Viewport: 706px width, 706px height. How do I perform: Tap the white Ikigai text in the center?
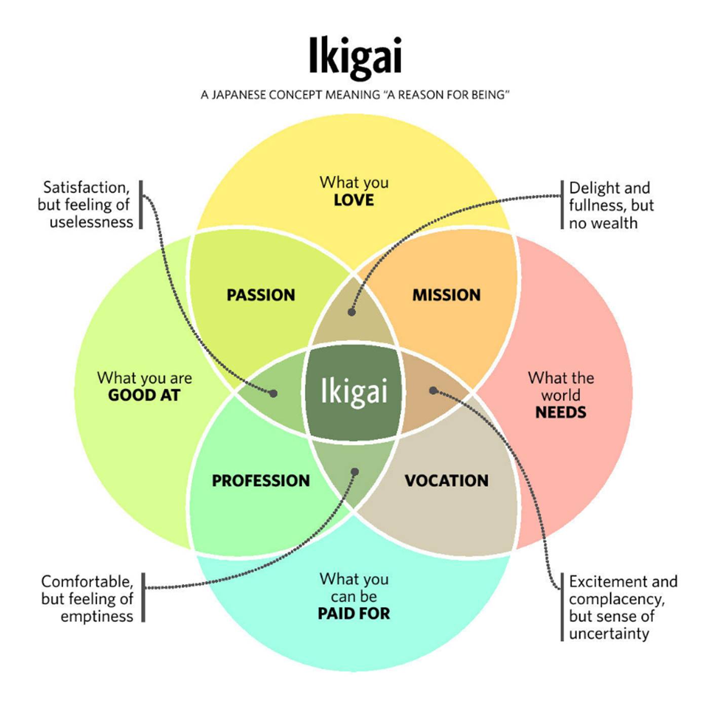[x=354, y=391]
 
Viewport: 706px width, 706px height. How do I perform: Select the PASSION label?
[x=261, y=295]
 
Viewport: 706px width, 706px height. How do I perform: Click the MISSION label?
[x=447, y=295]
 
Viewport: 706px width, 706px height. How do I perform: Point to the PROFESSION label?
[x=261, y=481]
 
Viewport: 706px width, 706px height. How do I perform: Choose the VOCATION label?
[x=447, y=481]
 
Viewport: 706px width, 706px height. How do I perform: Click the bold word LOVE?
[x=354, y=200]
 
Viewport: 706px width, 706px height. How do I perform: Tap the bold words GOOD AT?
[x=144, y=396]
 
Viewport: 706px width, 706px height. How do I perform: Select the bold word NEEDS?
[x=561, y=413]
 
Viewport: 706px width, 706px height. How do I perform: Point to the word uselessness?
[x=91, y=222]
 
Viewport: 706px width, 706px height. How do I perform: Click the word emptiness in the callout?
[x=97, y=616]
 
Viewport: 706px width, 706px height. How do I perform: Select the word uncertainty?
[x=609, y=634]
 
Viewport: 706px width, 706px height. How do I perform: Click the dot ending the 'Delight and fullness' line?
[x=351, y=312]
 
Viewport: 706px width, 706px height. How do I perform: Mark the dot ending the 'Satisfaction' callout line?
[x=273, y=394]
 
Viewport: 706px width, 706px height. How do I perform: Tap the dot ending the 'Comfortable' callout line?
[x=355, y=472]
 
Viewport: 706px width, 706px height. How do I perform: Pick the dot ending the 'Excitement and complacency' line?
[x=433, y=390]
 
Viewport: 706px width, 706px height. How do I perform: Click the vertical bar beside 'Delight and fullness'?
[x=562, y=205]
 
